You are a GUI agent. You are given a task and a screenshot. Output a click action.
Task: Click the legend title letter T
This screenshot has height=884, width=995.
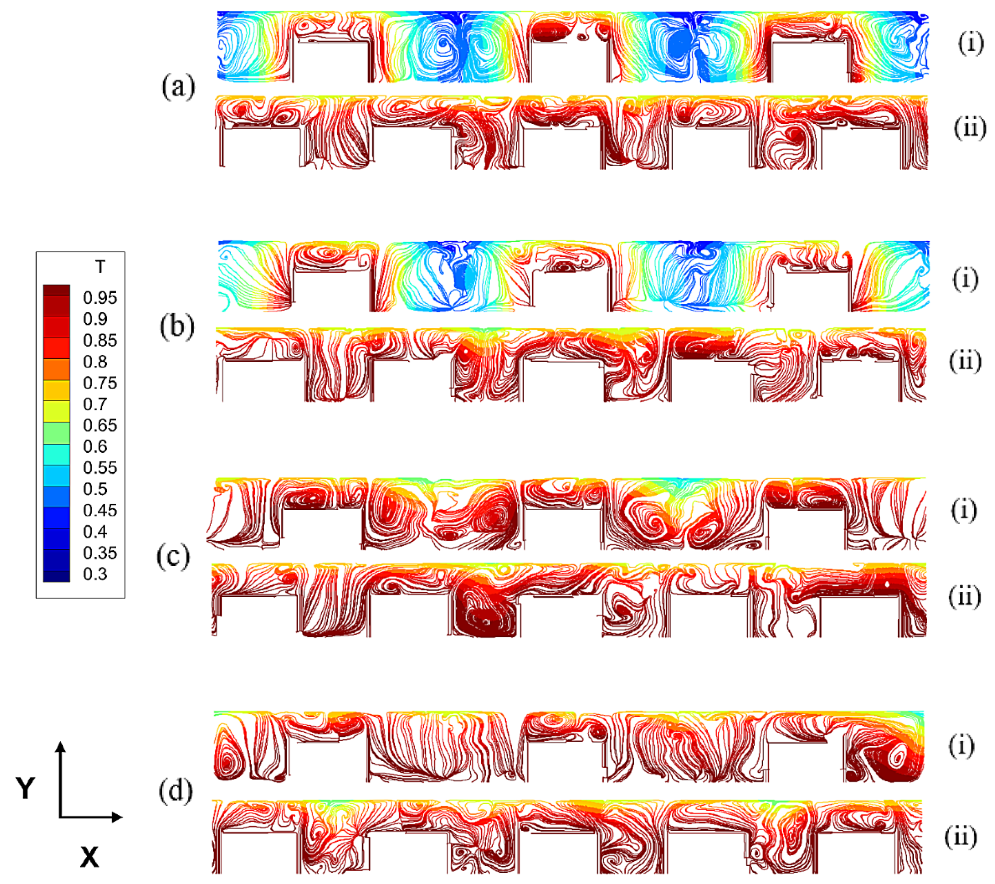coord(100,267)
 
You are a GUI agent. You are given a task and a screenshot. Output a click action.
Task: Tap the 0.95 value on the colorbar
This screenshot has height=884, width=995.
coord(100,298)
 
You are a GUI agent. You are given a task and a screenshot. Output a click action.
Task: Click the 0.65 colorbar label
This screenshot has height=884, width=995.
coord(100,425)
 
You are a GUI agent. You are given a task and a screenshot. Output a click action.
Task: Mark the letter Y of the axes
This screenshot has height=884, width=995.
coord(25,788)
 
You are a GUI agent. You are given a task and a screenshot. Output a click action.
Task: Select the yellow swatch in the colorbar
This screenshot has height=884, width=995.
coord(56,411)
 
